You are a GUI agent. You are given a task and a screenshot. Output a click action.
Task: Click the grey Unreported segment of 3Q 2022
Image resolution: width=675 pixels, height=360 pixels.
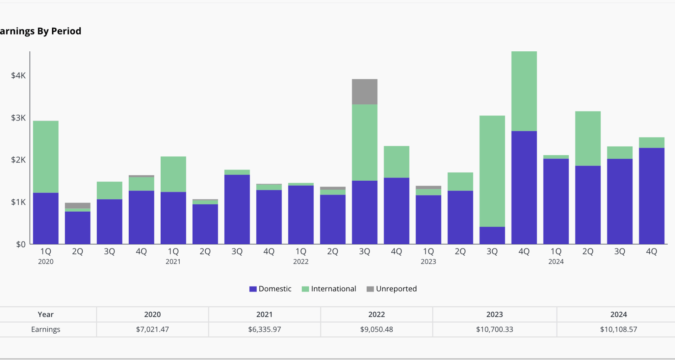point(365,92)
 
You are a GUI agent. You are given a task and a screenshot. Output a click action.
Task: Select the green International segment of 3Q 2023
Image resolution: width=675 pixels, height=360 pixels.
point(492,171)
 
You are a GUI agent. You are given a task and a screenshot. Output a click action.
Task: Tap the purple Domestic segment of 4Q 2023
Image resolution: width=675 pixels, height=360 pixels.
point(524,187)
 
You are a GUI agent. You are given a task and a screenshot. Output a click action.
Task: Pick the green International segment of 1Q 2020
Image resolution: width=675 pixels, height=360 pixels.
point(46,156)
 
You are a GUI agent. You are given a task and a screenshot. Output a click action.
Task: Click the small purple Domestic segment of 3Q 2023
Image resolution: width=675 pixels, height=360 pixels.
point(492,235)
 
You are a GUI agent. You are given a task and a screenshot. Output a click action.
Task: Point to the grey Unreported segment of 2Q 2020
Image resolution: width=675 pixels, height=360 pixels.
point(78,205)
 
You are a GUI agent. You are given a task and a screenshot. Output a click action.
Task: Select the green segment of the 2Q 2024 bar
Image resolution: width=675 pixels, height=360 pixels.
point(588,138)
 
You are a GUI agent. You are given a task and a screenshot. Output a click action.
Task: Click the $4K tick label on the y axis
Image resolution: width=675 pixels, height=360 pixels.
point(18,75)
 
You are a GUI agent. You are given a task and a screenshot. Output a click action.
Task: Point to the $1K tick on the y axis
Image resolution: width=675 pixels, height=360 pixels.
point(18,202)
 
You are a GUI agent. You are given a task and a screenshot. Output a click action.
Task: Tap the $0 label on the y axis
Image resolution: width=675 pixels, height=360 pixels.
point(21,244)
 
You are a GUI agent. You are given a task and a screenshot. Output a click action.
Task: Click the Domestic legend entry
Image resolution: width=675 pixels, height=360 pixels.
point(270,289)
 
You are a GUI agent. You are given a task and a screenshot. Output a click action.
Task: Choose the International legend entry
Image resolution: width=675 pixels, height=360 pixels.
point(329,289)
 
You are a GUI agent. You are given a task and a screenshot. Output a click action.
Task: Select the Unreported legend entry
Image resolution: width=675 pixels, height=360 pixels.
point(392,289)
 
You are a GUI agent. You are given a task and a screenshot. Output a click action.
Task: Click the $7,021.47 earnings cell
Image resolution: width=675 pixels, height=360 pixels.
point(152,329)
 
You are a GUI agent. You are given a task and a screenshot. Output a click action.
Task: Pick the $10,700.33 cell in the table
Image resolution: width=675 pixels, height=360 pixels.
point(494,329)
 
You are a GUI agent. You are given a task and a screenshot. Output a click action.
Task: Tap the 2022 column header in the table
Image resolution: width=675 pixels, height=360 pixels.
point(376,314)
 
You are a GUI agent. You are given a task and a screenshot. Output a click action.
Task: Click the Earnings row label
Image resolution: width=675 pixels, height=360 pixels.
point(46,329)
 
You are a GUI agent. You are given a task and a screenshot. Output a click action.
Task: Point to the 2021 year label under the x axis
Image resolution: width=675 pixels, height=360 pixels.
point(173,262)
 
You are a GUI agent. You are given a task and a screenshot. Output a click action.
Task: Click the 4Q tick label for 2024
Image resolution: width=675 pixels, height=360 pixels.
point(651,251)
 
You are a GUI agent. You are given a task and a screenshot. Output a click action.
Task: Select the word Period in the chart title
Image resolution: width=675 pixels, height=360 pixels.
point(66,31)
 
